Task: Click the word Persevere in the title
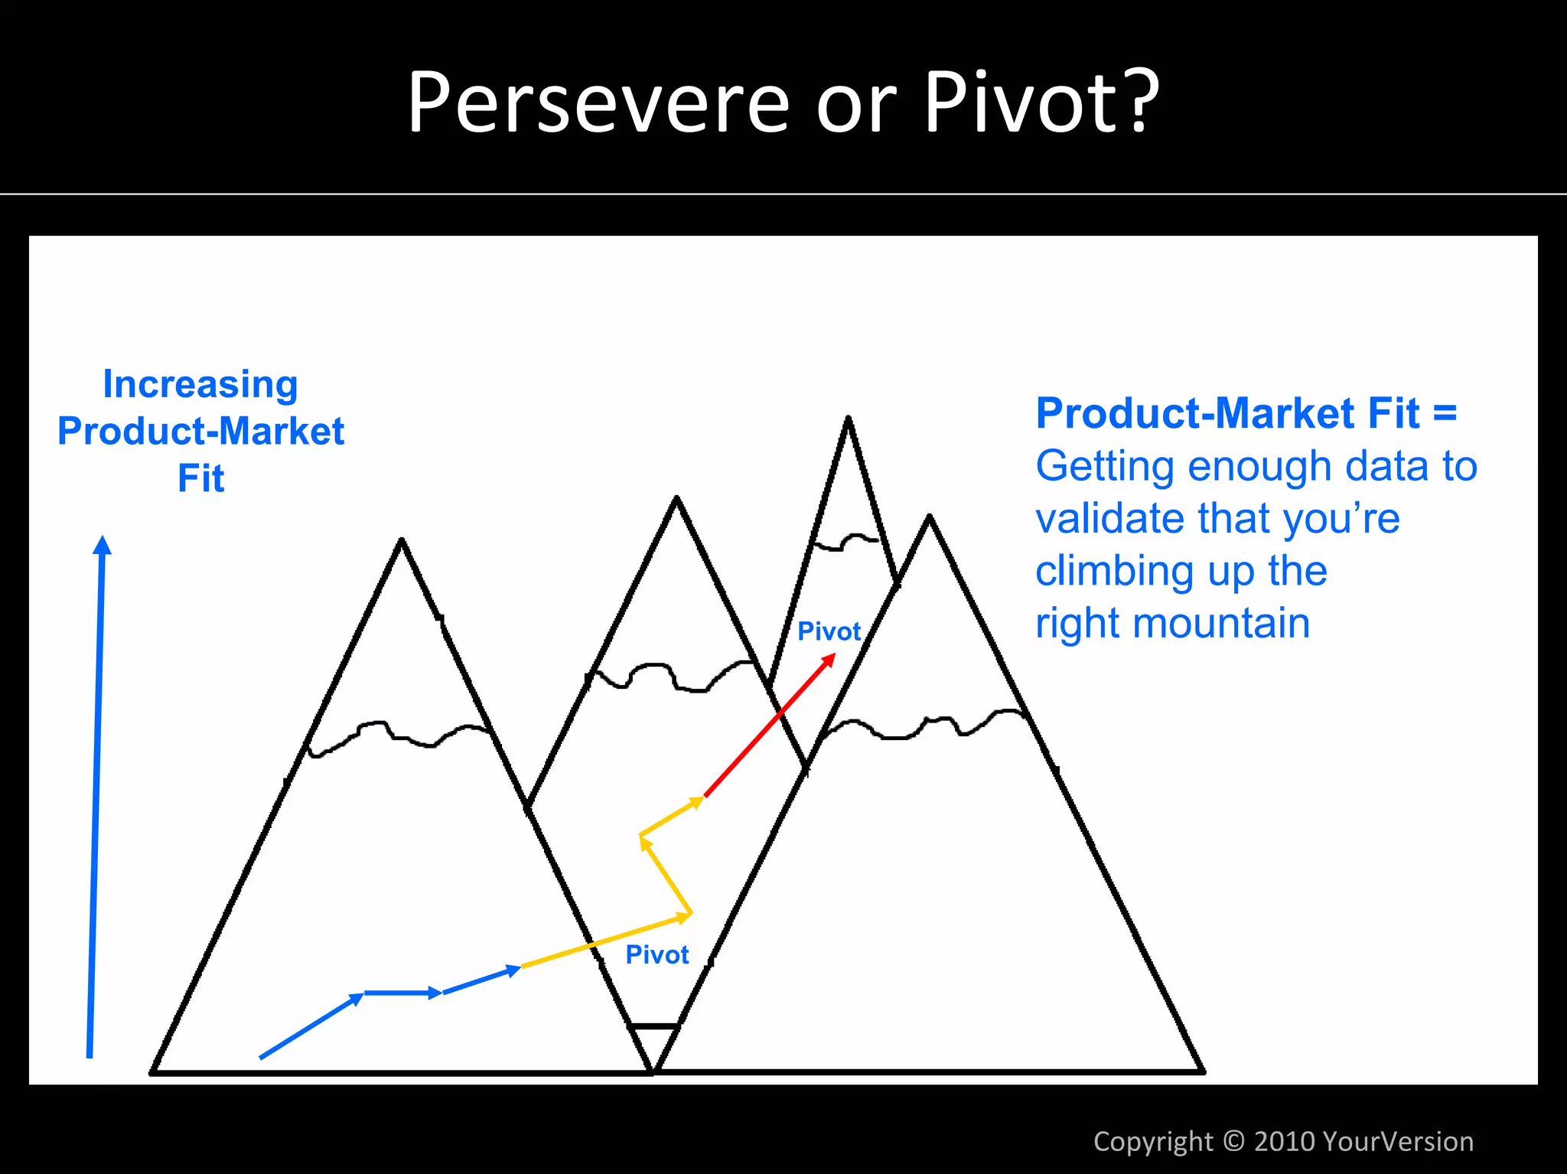tap(598, 103)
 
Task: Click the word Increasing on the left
tap(200, 384)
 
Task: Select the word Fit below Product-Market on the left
tap(200, 479)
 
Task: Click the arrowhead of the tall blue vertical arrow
tap(102, 545)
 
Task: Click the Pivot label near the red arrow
tap(829, 631)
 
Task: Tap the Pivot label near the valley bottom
tap(656, 955)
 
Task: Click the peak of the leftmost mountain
tap(402, 540)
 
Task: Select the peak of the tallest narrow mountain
tap(848, 419)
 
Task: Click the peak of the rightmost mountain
tap(929, 518)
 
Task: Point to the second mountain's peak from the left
tap(676, 499)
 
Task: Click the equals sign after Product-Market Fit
tap(1445, 414)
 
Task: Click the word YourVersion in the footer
tap(1397, 1141)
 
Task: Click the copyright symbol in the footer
tap(1233, 1140)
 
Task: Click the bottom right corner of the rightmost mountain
tap(1202, 1071)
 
